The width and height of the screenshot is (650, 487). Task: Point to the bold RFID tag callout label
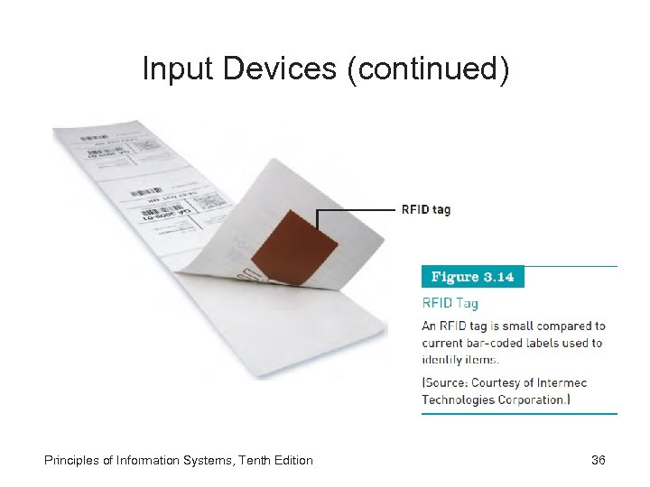tap(425, 210)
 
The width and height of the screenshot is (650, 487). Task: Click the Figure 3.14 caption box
tap(472, 277)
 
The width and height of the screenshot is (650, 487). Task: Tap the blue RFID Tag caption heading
tap(450, 304)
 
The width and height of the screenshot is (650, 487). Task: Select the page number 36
tap(598, 461)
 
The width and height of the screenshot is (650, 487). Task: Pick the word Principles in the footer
tap(72, 461)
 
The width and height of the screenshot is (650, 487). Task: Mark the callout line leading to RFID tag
tap(357, 210)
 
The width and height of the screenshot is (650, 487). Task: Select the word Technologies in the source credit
tap(458, 400)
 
